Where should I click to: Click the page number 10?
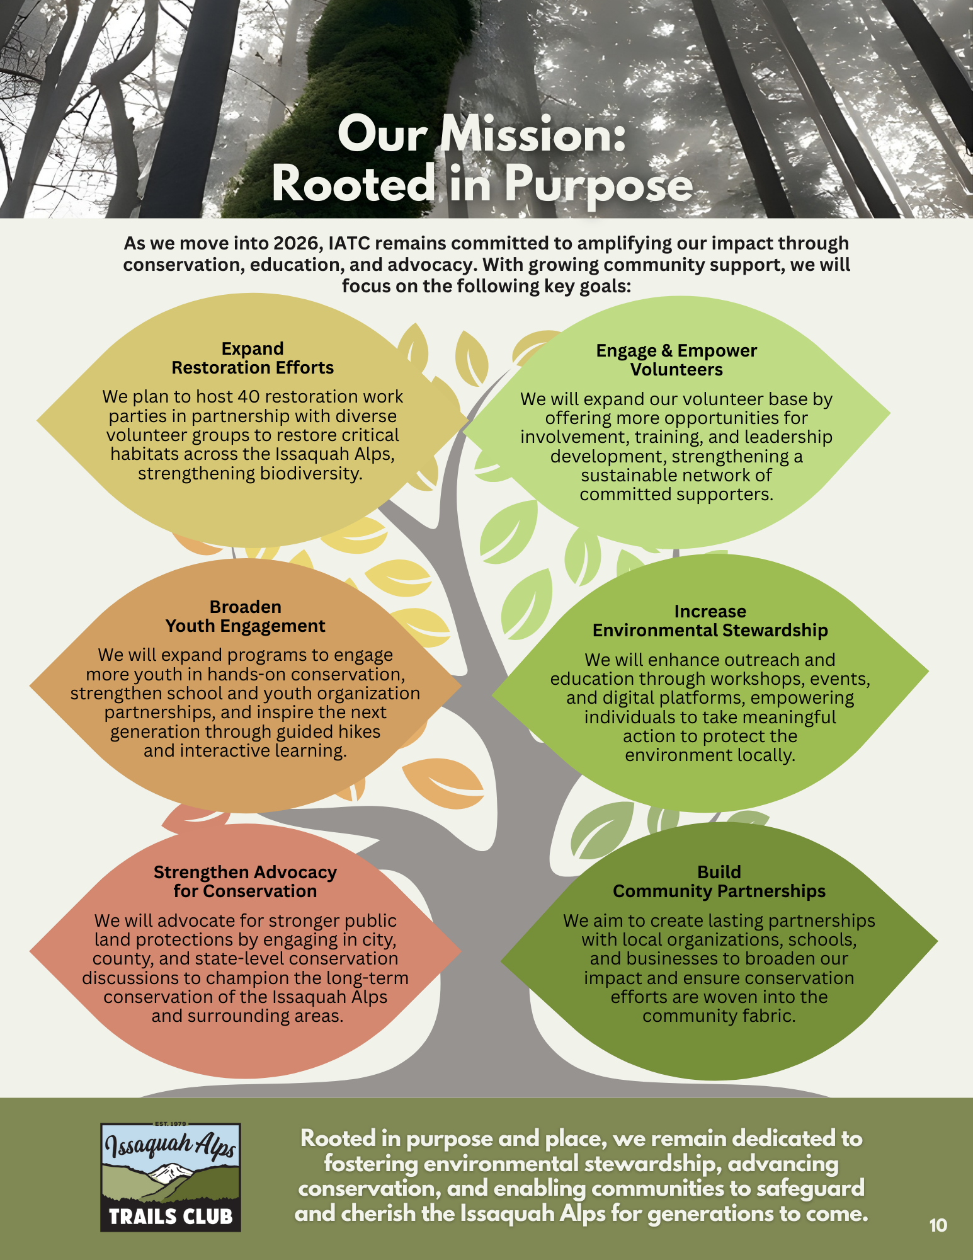click(x=938, y=1225)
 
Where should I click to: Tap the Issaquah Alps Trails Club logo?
click(x=171, y=1177)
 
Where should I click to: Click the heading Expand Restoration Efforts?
click(x=253, y=358)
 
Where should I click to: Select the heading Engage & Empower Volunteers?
click(x=676, y=360)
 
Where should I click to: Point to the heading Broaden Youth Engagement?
click(x=245, y=616)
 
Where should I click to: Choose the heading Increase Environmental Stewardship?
click(x=710, y=621)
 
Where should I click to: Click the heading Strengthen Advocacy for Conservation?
click(x=245, y=881)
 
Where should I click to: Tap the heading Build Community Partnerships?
click(x=719, y=881)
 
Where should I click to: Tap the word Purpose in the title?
click(x=598, y=185)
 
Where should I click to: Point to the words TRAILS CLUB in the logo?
click(x=171, y=1216)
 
